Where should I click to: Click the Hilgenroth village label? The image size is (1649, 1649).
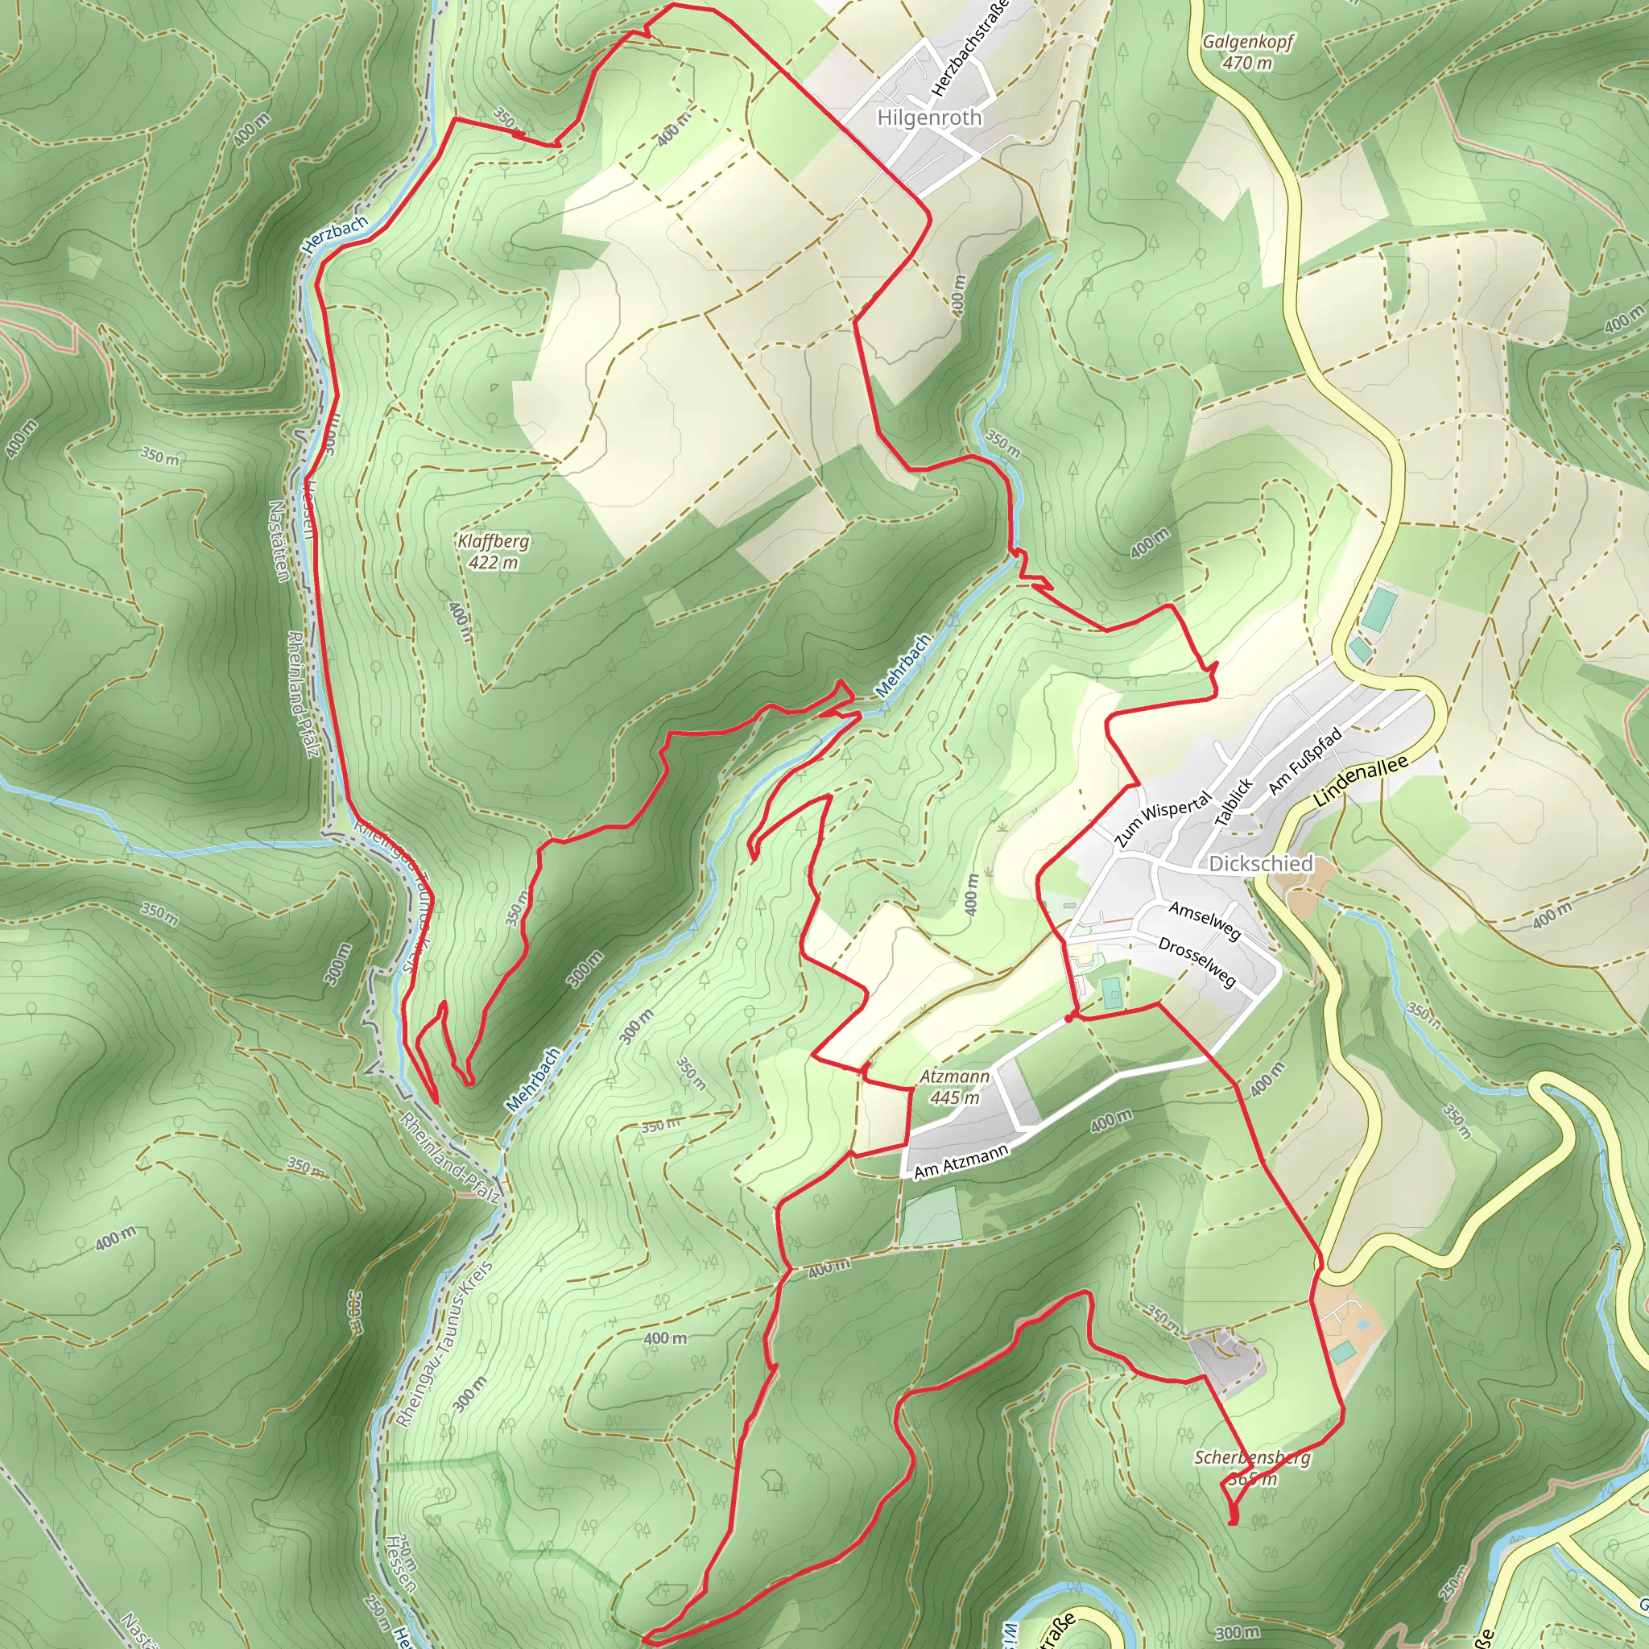click(x=929, y=118)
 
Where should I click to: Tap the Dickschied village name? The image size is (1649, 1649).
click(x=1261, y=864)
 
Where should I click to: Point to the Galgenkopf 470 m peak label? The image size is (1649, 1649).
click(x=1248, y=52)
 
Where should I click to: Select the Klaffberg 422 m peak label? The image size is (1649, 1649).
click(x=494, y=552)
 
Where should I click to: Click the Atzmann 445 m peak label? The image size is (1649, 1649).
click(x=954, y=1086)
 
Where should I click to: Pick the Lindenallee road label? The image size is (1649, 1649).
click(x=1361, y=781)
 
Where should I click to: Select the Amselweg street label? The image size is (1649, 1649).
click(x=1205, y=921)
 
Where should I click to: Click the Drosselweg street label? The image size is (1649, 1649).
click(x=1197, y=962)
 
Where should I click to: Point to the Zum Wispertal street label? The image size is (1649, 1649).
click(x=1163, y=819)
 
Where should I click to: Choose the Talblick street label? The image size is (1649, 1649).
click(x=1234, y=801)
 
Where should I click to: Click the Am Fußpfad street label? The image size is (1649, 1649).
click(x=1305, y=759)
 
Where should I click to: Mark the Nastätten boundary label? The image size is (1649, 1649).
click(x=279, y=540)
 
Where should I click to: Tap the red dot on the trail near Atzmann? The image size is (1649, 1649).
click(x=1068, y=1019)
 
